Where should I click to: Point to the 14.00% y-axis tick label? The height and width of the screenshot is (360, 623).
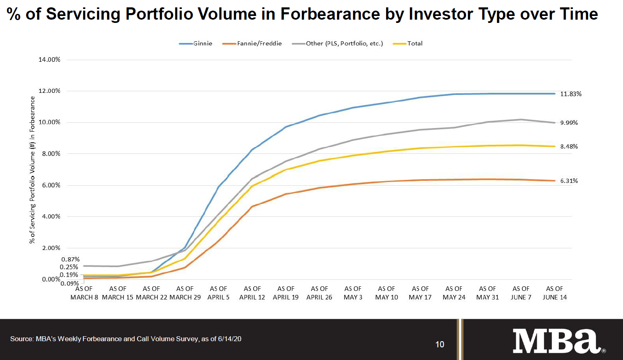49,60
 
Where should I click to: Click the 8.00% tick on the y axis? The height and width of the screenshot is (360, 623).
49,154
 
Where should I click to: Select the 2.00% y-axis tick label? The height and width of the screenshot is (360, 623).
49,248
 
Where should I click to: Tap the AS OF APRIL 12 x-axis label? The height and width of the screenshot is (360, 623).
252,293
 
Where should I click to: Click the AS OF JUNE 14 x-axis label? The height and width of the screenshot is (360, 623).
555,293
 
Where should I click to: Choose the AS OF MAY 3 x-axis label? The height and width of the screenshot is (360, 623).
353,293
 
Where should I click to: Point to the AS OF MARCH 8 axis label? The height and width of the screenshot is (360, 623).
84,293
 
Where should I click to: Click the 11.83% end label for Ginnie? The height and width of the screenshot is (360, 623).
571,94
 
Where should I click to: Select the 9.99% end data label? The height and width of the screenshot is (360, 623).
569,123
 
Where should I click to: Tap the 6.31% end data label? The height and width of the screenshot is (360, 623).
569,181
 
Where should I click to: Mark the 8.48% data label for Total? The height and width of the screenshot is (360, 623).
569,146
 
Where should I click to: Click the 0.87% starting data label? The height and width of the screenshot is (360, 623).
70,259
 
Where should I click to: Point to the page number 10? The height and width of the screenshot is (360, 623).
440,344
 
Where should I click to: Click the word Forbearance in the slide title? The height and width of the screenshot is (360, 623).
330,14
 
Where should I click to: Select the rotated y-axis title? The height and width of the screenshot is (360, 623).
32,170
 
